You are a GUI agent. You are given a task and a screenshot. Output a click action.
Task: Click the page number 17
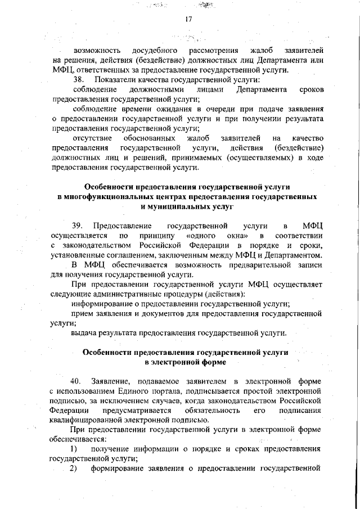coord(188,20)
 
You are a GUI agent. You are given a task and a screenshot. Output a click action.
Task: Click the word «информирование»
coord(101,303)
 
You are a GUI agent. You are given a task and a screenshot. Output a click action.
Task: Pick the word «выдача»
coord(83,332)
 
